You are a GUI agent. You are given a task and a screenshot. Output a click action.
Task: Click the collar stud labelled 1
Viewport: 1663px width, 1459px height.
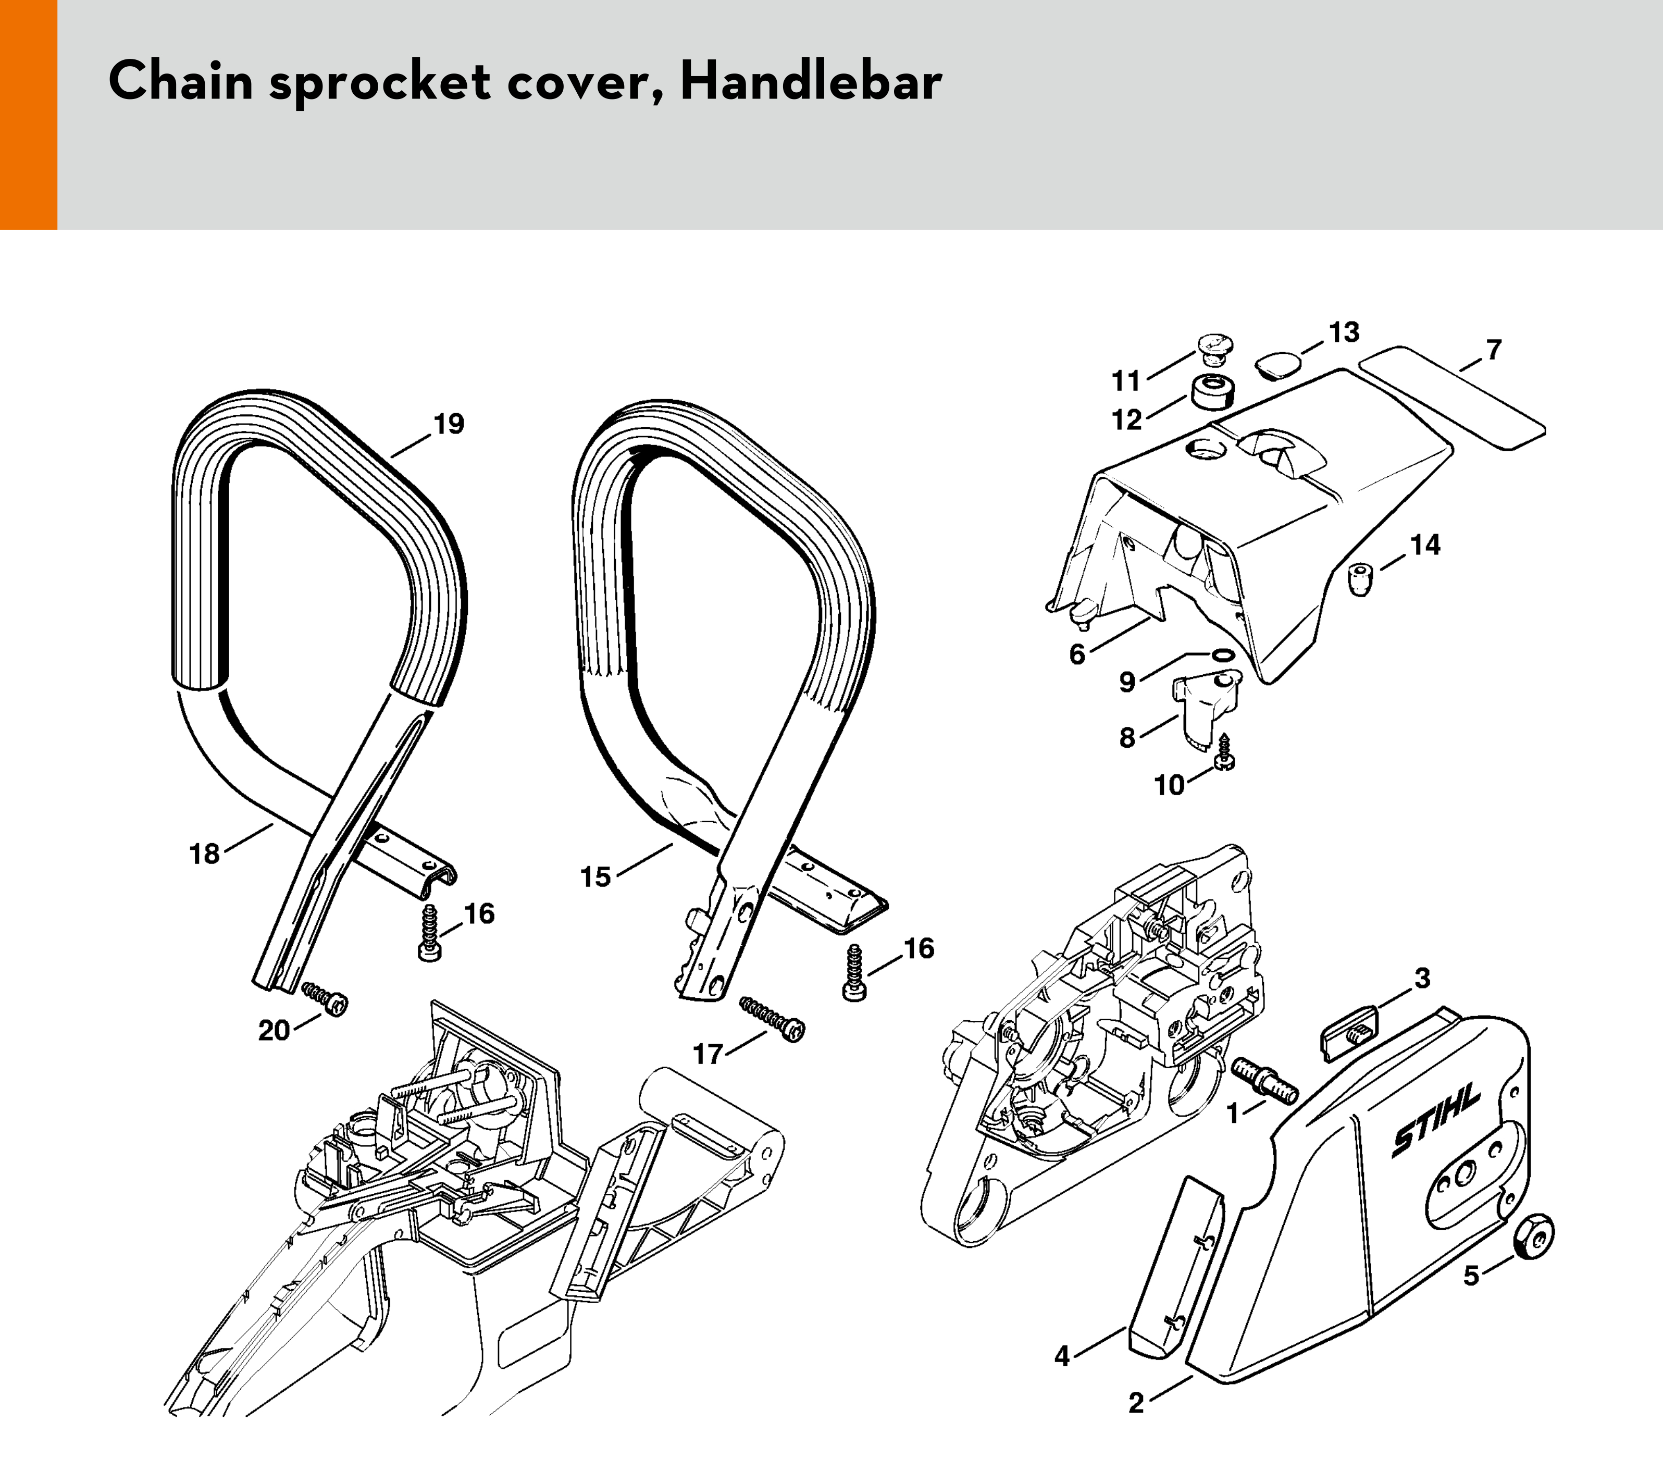tap(1266, 1081)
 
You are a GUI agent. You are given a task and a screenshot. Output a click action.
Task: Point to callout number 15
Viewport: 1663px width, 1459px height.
tap(595, 876)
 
